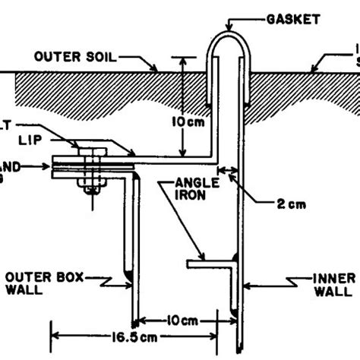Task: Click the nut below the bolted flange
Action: pyautogui.click(x=92, y=184)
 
